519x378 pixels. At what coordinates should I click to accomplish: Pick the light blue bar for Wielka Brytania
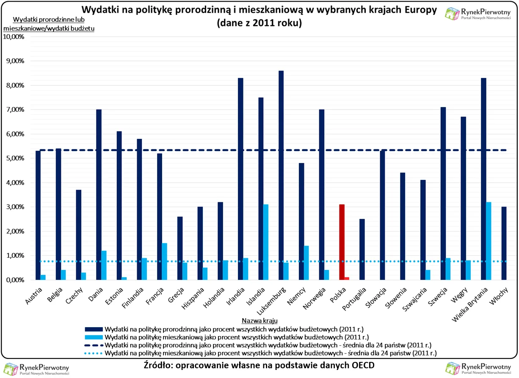(x=489, y=241)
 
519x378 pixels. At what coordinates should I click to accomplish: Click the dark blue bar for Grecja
(x=180, y=248)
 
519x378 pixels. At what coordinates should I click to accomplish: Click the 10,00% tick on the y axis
(x=14, y=37)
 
